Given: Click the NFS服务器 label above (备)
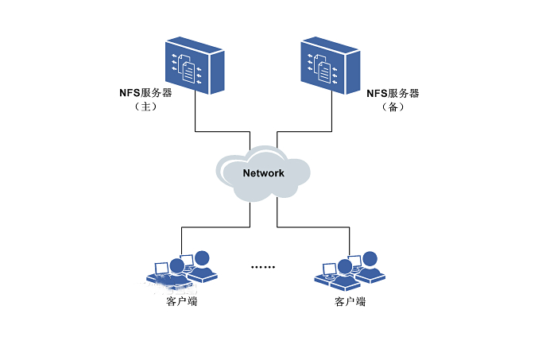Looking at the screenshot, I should coord(392,93).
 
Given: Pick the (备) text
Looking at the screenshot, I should coord(392,106).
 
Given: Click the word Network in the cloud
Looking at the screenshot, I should coord(263,172).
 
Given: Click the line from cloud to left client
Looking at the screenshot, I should coord(215,227).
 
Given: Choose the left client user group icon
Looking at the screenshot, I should coord(182,269).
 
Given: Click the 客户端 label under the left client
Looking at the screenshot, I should coord(182,302).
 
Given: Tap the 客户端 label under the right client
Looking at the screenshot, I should coord(350,302).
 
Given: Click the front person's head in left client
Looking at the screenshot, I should coord(176,264).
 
